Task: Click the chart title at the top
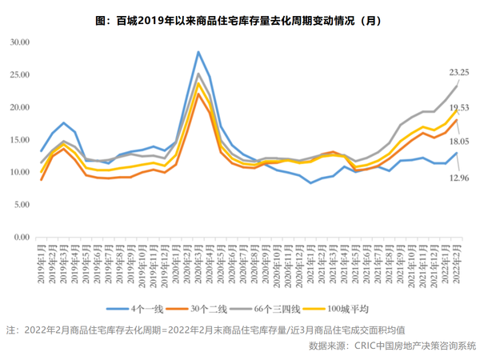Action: pos(240,19)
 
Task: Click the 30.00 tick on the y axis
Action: pos(19,41)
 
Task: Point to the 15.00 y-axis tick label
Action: pos(19,139)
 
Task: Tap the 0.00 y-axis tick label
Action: pos(22,238)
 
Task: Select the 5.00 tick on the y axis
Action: pos(22,205)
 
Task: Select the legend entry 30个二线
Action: pos(210,308)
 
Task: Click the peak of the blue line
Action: pos(198,52)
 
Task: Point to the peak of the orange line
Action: pos(198,94)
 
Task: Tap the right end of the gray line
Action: pos(457,85)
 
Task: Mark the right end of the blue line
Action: pos(457,153)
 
